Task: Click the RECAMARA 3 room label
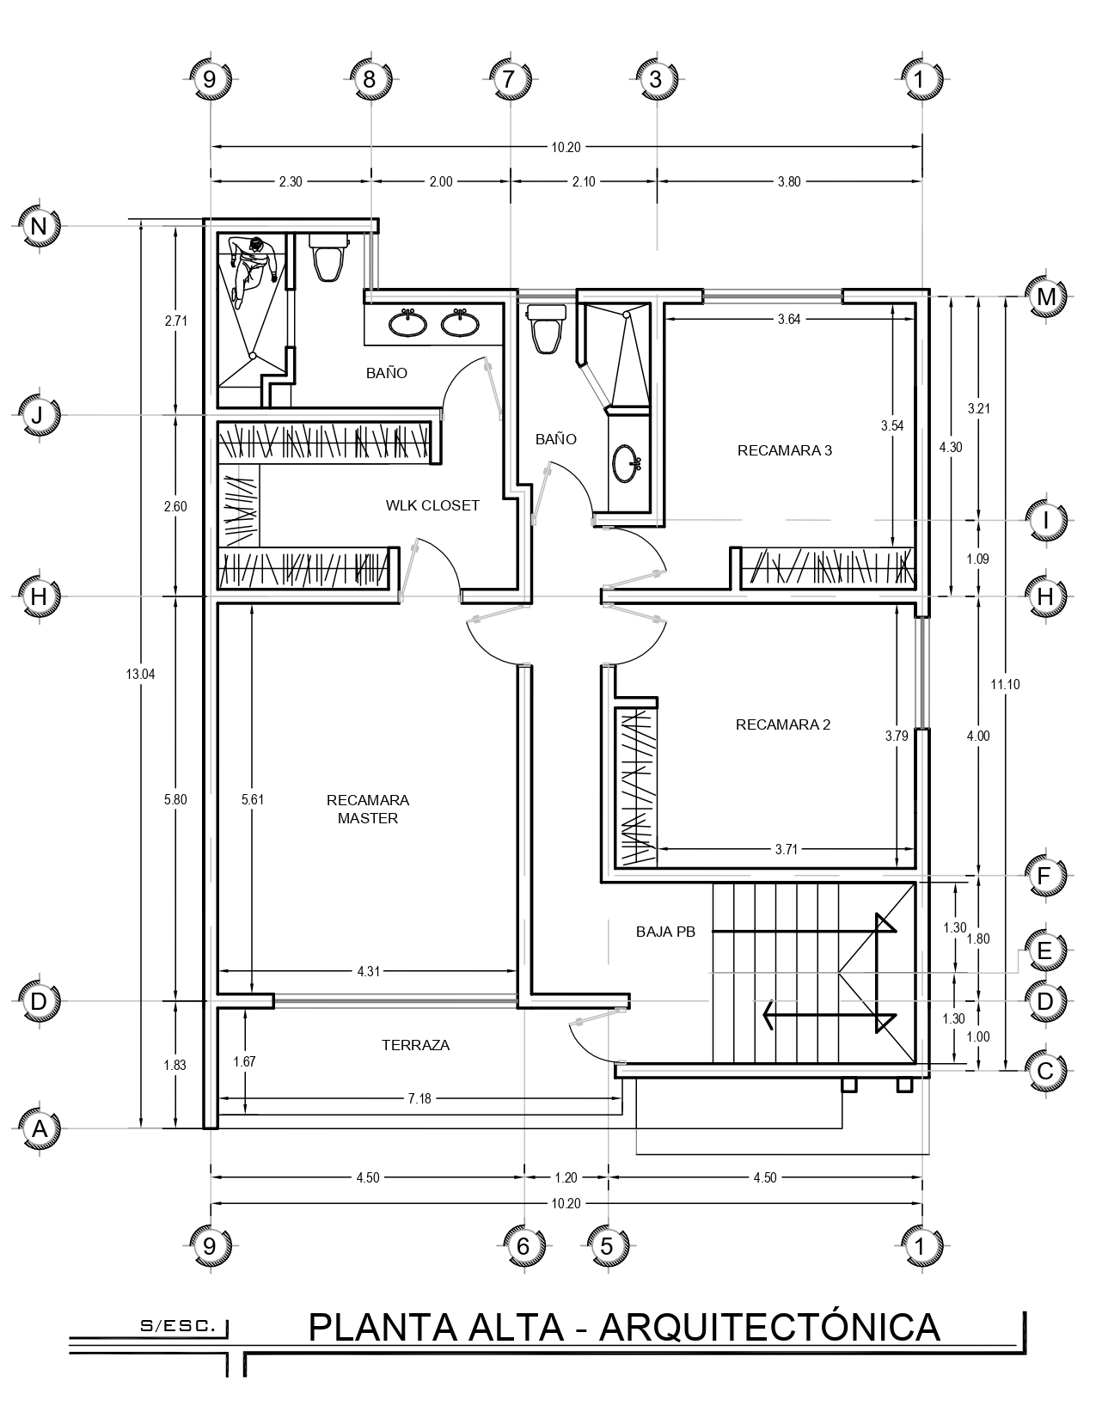click(785, 450)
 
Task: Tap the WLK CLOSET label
click(432, 505)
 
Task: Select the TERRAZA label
click(416, 1045)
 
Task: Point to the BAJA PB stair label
click(666, 932)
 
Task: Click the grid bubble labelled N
click(40, 226)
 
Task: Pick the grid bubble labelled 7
click(508, 80)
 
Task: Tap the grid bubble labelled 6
click(523, 1247)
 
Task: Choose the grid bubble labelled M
click(1046, 296)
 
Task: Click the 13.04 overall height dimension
click(140, 674)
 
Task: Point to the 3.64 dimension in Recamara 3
click(788, 319)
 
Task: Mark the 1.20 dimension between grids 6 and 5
click(566, 1178)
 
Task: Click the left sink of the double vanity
click(408, 322)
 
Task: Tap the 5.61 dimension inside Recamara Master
click(253, 799)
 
